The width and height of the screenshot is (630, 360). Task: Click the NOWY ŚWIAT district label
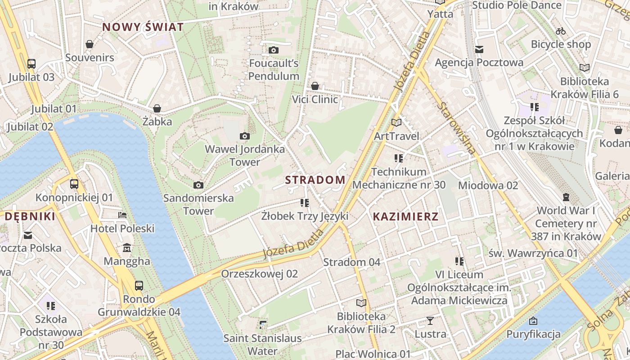click(143, 27)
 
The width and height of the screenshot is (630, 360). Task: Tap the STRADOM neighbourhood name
click(315, 180)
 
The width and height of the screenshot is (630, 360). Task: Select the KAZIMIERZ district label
click(405, 216)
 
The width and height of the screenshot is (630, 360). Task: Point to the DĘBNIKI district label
click(30, 216)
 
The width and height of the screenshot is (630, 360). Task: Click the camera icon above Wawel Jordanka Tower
click(245, 136)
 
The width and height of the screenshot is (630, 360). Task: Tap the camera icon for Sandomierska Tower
click(198, 185)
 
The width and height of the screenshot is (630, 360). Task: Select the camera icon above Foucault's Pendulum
click(274, 50)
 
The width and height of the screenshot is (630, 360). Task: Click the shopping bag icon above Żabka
click(157, 108)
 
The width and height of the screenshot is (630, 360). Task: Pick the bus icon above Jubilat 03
click(31, 64)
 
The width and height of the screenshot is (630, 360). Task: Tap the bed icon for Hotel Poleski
click(122, 215)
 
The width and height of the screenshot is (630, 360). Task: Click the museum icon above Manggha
click(127, 248)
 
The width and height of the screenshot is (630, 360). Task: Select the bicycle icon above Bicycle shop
click(561, 31)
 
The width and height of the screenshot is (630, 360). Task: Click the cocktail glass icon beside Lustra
click(430, 321)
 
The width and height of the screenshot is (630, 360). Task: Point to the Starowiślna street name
click(456, 129)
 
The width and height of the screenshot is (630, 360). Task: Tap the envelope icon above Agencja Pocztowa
click(479, 49)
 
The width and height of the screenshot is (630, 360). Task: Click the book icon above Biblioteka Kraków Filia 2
click(361, 303)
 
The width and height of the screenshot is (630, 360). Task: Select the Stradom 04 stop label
click(351, 262)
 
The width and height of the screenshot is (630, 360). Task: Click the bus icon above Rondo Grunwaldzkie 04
click(139, 286)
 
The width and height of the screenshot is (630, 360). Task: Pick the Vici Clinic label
click(315, 99)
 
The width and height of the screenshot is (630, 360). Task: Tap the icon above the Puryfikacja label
click(533, 321)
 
